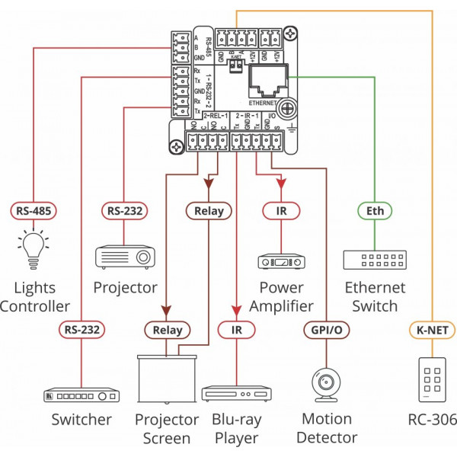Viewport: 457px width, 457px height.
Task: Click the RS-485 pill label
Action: tap(32, 210)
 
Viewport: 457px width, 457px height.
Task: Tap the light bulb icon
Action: tap(31, 248)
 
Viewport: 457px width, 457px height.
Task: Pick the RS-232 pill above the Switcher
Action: tap(81, 330)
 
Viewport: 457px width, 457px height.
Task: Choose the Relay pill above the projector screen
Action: tap(166, 330)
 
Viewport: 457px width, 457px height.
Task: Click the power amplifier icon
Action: tap(282, 261)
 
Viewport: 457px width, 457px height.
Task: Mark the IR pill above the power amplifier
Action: tap(282, 210)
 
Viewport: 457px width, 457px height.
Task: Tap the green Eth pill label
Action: tap(374, 210)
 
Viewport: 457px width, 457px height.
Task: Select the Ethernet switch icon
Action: tap(374, 260)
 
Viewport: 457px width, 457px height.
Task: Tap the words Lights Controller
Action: tap(35, 297)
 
